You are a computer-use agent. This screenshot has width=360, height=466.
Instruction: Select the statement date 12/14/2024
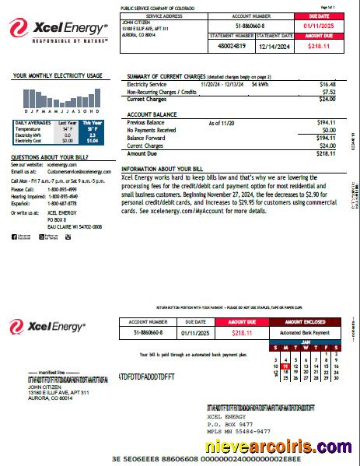point(274,46)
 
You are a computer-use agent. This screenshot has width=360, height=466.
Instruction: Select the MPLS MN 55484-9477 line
point(241,430)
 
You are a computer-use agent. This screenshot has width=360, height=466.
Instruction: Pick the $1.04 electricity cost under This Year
point(92,141)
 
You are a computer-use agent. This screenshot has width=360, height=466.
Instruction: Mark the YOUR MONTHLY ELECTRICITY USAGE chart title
point(58,76)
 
